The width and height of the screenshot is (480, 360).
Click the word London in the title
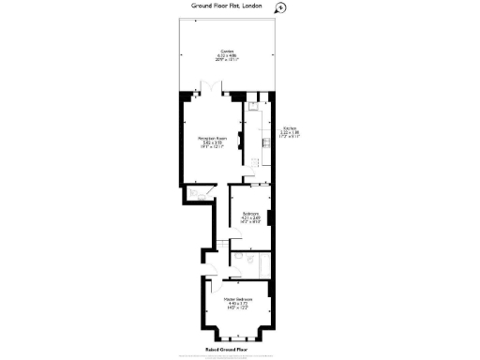tap(251, 6)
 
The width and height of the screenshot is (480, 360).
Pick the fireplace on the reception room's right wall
tap(240, 141)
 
